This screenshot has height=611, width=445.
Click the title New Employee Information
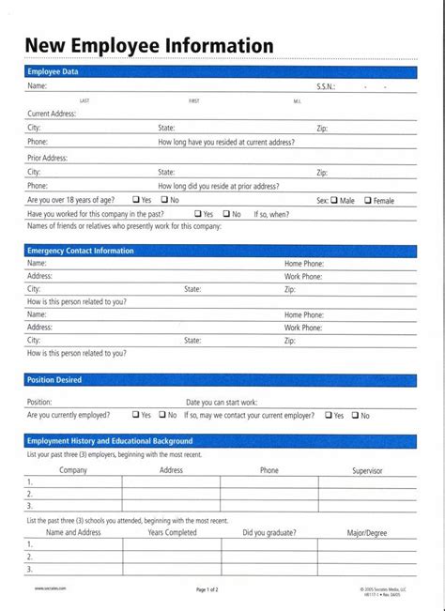pyautogui.click(x=149, y=45)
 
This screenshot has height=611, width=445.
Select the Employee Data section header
pyautogui.click(x=53, y=71)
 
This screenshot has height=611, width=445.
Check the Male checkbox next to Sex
pyautogui.click(x=335, y=200)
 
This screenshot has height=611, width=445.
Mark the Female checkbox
pyautogui.click(x=369, y=200)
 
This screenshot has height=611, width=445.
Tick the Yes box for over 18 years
pyautogui.click(x=136, y=200)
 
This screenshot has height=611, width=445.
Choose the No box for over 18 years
pyautogui.click(x=163, y=200)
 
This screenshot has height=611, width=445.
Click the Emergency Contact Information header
pyautogui.click(x=81, y=251)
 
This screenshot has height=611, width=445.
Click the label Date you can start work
pyautogui.click(x=222, y=402)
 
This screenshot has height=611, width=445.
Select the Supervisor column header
pyautogui.click(x=367, y=470)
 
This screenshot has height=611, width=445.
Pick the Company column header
pyautogui.click(x=73, y=470)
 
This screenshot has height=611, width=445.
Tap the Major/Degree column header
pyautogui.click(x=367, y=532)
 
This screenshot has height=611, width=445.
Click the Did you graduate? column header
pyautogui.click(x=269, y=532)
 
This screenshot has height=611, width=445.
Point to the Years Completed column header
pyautogui.click(x=172, y=532)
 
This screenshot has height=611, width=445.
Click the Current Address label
pyautogui.click(x=52, y=113)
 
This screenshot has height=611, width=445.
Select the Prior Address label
pyautogui.click(x=47, y=158)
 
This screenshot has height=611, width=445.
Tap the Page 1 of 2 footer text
pyautogui.click(x=207, y=589)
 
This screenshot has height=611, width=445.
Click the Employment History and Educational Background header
pyautogui.click(x=110, y=440)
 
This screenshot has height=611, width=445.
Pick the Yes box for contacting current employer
pyautogui.click(x=329, y=415)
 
